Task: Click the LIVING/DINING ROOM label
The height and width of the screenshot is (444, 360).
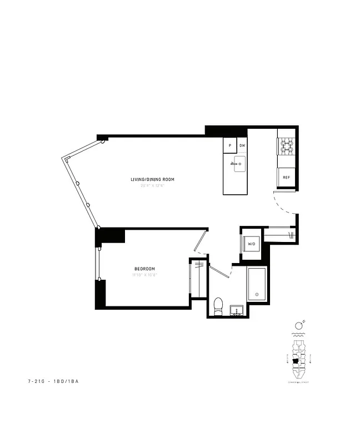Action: click(152, 179)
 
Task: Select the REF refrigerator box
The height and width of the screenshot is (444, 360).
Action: click(286, 178)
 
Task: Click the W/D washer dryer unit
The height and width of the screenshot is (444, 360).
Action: click(251, 244)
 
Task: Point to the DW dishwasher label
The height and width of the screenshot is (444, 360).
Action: click(242, 146)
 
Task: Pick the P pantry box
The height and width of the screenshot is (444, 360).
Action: click(230, 145)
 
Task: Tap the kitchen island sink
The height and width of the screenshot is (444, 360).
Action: click(239, 164)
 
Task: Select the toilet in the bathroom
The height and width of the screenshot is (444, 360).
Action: click(218, 306)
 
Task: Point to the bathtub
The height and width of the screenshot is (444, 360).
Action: click(257, 284)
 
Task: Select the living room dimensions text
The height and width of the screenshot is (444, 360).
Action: click(153, 185)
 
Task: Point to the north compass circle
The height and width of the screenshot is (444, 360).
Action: click(299, 324)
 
